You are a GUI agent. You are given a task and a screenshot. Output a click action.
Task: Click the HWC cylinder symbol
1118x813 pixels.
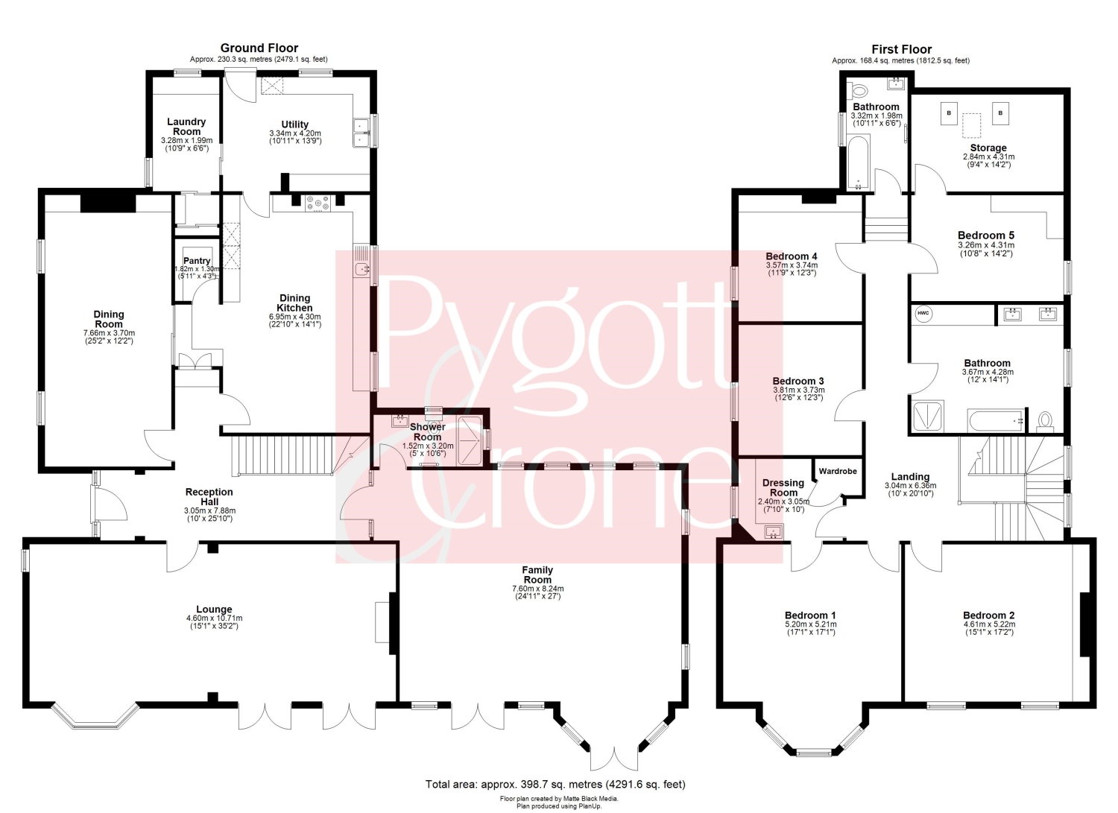(923, 314)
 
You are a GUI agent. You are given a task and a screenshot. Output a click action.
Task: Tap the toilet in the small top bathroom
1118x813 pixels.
(859, 90)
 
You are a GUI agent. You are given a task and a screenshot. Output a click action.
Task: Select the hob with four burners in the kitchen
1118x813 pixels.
(318, 203)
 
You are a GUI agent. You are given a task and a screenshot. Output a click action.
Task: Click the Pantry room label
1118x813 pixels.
(197, 261)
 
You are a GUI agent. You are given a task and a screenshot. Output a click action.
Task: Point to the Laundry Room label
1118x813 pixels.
(186, 127)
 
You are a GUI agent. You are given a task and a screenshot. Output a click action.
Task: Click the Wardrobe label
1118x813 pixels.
(838, 471)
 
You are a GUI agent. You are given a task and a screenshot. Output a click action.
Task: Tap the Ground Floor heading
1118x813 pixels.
(259, 48)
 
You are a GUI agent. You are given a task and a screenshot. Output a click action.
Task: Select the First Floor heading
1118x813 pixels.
(901, 49)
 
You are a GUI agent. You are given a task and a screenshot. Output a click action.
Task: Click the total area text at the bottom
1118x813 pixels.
(555, 784)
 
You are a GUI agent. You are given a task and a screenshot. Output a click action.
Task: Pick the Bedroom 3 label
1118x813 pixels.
(798, 381)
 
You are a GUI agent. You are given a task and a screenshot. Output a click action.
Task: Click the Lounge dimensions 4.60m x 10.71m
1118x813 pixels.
(214, 618)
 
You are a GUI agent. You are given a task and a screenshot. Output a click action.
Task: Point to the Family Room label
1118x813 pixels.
(537, 575)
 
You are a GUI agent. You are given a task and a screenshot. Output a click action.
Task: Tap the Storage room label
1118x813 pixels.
(988, 148)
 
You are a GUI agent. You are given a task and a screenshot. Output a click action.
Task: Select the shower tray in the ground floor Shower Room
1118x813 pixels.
(470, 440)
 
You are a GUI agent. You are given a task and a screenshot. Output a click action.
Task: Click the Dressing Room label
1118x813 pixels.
(783, 487)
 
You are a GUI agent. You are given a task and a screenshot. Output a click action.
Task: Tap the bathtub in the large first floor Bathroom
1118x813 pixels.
(996, 421)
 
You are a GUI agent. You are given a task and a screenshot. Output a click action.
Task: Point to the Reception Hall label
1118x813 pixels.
(209, 496)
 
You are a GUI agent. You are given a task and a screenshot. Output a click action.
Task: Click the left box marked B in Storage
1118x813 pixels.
(949, 113)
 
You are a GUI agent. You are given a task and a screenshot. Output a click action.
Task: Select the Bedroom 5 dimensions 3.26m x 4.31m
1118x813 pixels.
(986, 245)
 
